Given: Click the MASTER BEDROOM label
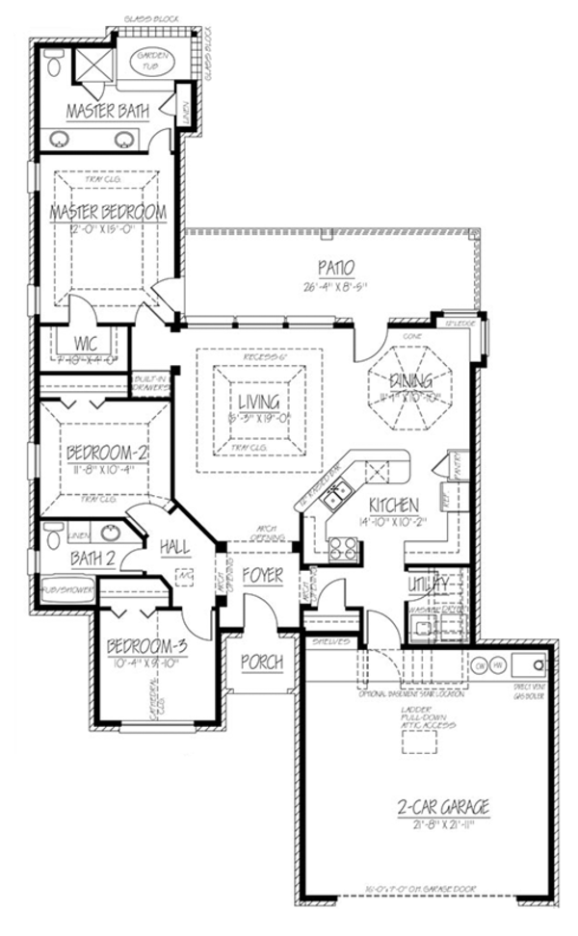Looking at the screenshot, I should (108, 211).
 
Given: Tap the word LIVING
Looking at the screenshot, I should (253, 402).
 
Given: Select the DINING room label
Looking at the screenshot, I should (411, 381).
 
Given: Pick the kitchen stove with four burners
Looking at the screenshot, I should (344, 548).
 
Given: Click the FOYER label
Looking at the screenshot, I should (262, 576).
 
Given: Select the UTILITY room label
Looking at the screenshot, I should (430, 584).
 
